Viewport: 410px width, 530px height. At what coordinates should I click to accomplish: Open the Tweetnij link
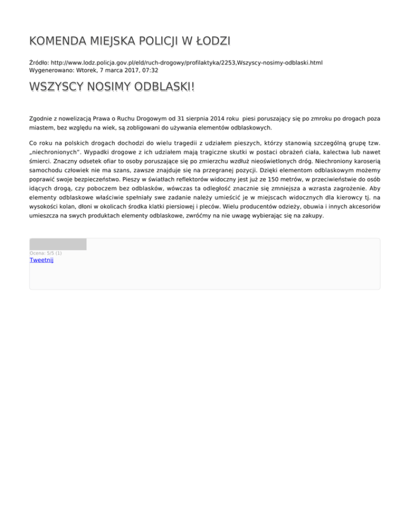(42, 260)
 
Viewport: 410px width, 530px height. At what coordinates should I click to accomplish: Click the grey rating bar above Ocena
(58, 244)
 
